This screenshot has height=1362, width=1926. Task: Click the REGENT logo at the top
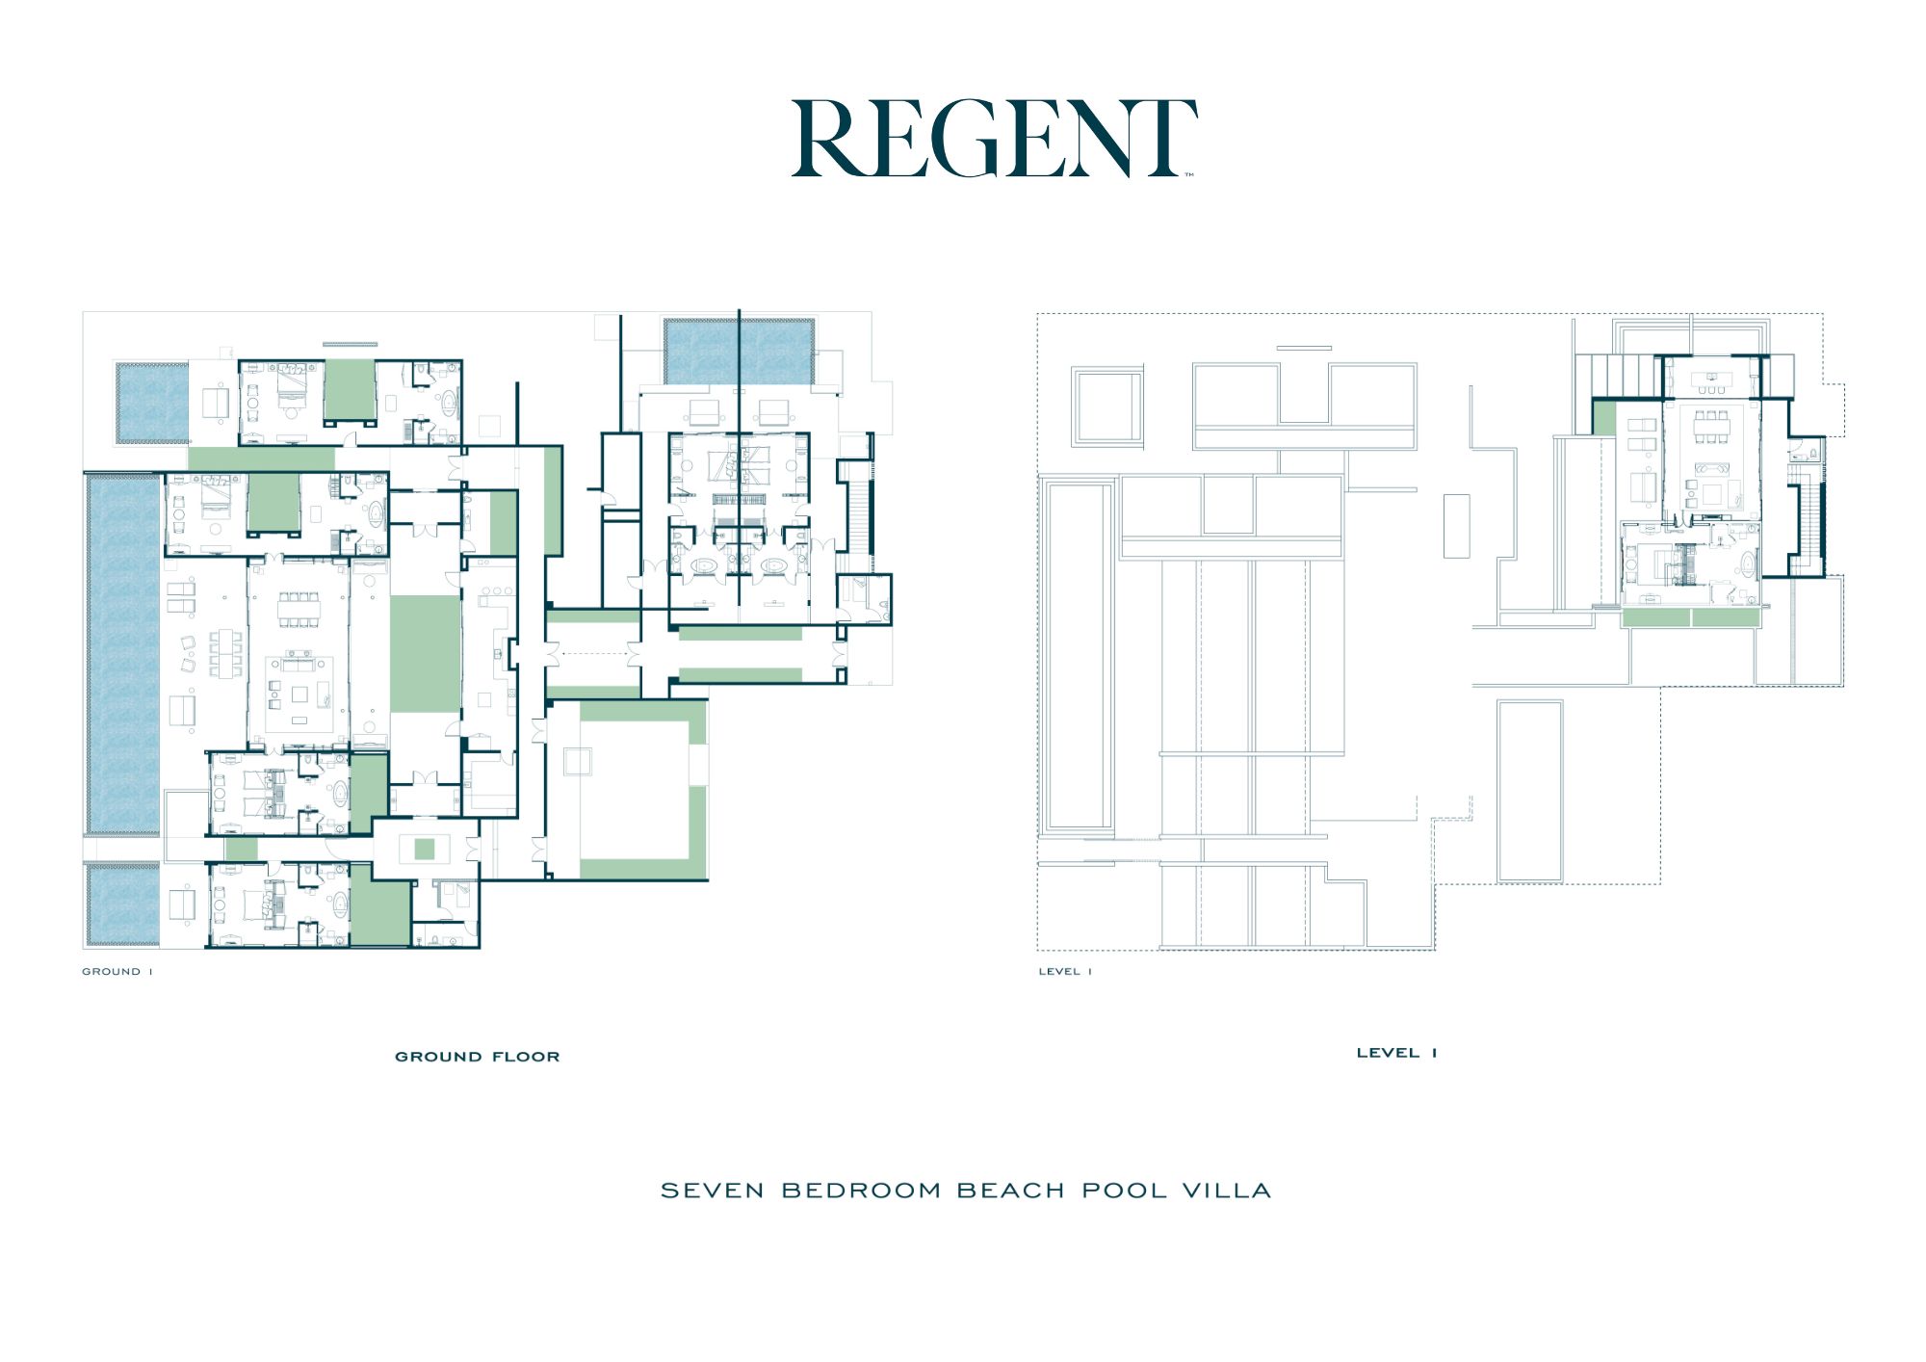pyautogui.click(x=994, y=139)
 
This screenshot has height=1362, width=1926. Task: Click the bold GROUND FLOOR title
pyautogui.click(x=478, y=1057)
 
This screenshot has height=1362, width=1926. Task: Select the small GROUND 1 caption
pyautogui.click(x=117, y=972)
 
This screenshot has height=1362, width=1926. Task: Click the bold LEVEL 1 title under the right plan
pyautogui.click(x=1396, y=1053)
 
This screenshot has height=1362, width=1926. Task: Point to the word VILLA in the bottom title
pyautogui.click(x=1227, y=1191)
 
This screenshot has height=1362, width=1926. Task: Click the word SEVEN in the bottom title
pyautogui.click(x=713, y=1191)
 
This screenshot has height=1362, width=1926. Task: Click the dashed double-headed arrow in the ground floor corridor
pyautogui.click(x=594, y=654)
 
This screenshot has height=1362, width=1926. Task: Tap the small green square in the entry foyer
pyautogui.click(x=425, y=849)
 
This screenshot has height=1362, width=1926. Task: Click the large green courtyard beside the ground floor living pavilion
pyautogui.click(x=426, y=654)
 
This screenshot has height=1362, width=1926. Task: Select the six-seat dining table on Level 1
pyautogui.click(x=1711, y=427)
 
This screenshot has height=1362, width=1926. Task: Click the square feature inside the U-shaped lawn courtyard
pyautogui.click(x=578, y=761)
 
